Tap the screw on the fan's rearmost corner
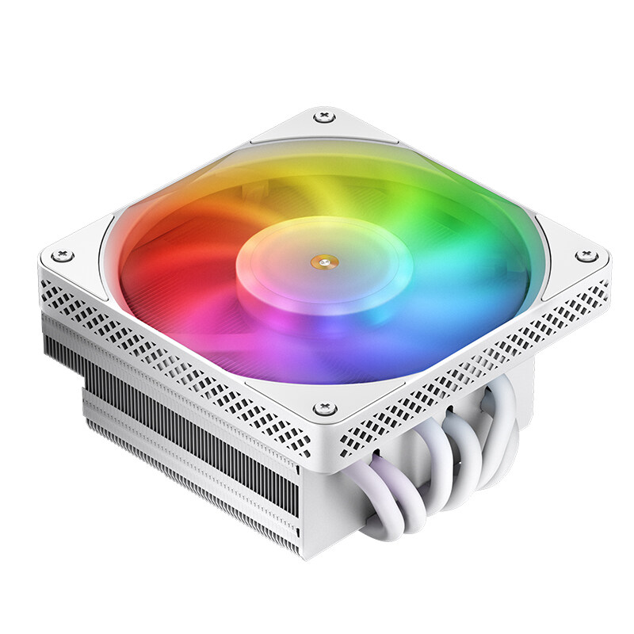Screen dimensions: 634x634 point(323,117)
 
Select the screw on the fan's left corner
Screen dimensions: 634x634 point(63,255)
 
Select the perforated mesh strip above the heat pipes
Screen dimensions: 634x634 point(475,372)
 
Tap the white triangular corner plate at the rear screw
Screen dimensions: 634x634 point(323,127)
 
